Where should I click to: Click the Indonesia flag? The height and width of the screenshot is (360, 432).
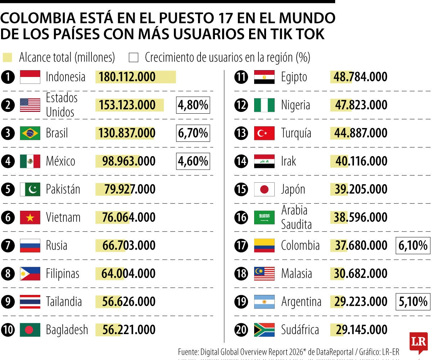(30, 77)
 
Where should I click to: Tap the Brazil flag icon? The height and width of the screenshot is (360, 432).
(30, 133)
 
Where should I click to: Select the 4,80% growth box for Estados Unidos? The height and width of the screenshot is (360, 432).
(193, 105)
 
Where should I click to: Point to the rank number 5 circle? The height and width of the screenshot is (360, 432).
(8, 190)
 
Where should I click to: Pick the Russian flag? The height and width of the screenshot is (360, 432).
(30, 246)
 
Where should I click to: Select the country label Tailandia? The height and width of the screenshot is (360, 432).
(64, 302)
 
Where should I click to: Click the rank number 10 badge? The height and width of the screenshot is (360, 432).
(8, 330)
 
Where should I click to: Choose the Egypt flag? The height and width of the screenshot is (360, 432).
(264, 77)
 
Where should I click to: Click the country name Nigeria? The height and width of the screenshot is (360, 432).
(295, 105)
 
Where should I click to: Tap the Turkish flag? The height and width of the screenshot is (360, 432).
(264, 133)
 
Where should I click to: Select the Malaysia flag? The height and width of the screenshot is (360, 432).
(264, 274)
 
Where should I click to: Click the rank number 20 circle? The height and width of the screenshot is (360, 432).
(241, 330)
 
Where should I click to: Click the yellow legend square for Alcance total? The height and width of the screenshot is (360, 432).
(7, 58)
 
